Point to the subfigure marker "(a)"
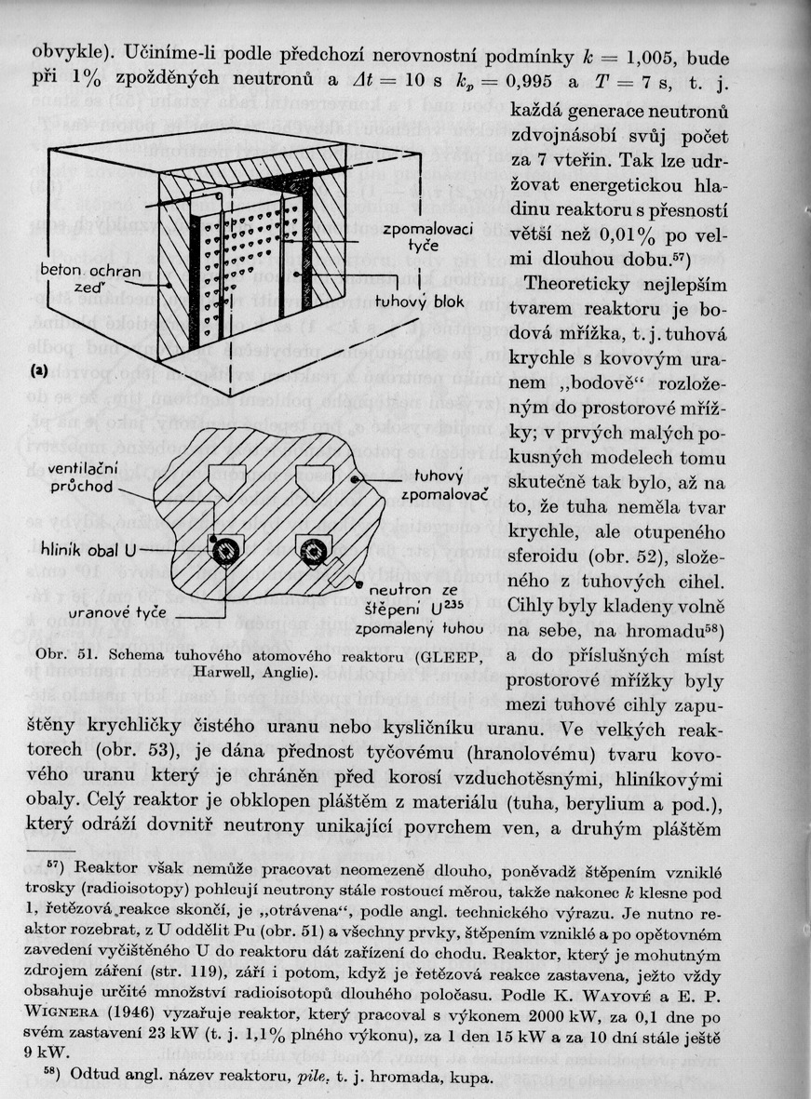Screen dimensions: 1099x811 (38, 371)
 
